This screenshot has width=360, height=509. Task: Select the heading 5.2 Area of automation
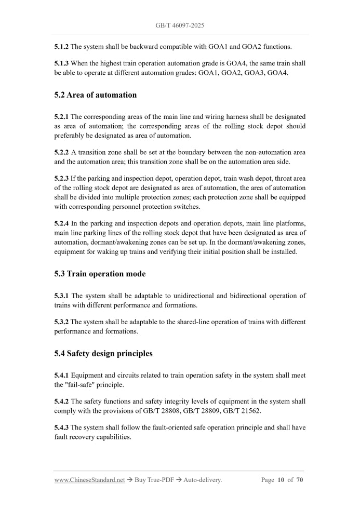click(95, 95)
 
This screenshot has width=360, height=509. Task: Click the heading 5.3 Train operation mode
click(100, 274)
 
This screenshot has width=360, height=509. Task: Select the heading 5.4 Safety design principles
click(103, 353)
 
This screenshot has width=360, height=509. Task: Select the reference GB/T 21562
click(243, 411)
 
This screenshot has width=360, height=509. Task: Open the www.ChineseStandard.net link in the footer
click(89, 480)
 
